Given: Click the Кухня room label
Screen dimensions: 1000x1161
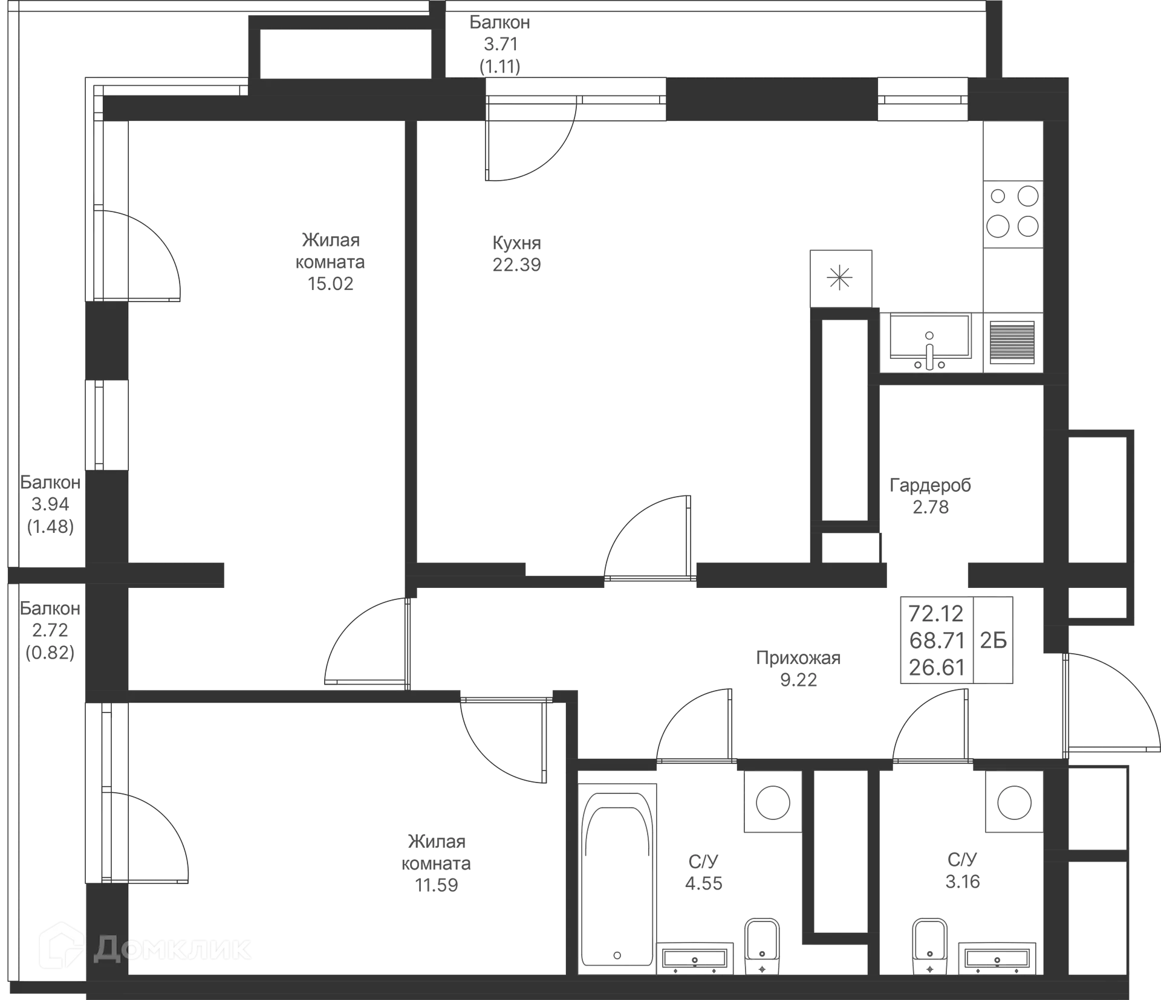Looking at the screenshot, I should click(515, 243).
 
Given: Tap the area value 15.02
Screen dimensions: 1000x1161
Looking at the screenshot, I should click(331, 283).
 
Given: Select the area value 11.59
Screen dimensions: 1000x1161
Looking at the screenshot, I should click(436, 886).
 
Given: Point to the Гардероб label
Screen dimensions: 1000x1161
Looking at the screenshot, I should click(931, 485).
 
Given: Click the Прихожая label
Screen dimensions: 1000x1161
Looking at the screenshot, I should click(798, 658).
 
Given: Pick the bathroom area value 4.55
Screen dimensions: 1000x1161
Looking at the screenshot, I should click(703, 883).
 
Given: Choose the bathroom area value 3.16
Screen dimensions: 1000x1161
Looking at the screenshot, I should click(963, 880).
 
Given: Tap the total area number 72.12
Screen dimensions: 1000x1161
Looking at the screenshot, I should click(935, 613).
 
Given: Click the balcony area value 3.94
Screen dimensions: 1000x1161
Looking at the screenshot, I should click(50, 505).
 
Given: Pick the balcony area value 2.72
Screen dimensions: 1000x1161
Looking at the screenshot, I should click(50, 630).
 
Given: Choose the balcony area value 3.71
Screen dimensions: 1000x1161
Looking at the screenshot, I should click(500, 44).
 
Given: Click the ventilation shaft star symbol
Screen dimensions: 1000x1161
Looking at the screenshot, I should click(839, 279).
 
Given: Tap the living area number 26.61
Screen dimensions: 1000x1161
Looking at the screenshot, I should click(935, 668).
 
